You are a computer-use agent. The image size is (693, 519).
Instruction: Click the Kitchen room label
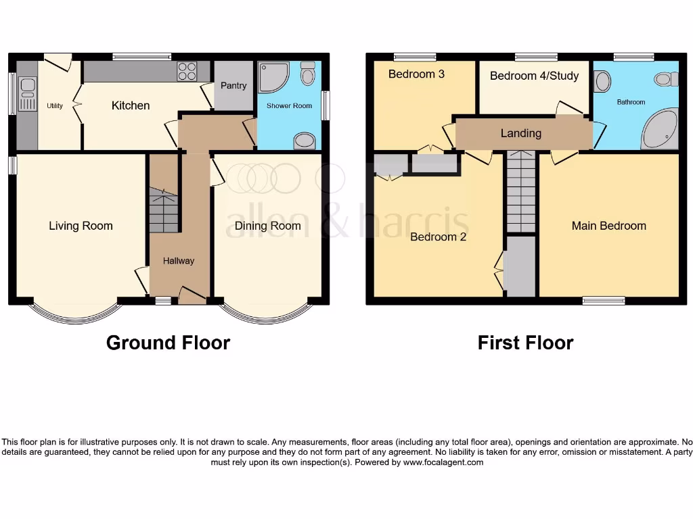pyautogui.click(x=131, y=105)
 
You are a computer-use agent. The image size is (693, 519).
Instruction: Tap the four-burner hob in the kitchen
pyautogui.click(x=187, y=71)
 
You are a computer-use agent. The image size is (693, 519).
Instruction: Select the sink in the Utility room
pyautogui.click(x=28, y=94)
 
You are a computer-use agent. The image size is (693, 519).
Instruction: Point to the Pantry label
pyautogui.click(x=233, y=86)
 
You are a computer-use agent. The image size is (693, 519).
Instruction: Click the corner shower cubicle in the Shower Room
pyautogui.click(x=273, y=77)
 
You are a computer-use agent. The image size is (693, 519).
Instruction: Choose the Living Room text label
pyautogui.click(x=81, y=226)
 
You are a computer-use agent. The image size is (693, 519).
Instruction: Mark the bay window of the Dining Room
pyautogui.click(x=267, y=313)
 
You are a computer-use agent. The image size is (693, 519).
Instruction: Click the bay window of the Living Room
pyautogui.click(x=76, y=313)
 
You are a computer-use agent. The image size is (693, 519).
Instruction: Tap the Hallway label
pyautogui.click(x=179, y=260)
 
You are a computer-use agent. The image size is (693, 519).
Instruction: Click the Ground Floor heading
pyautogui.click(x=168, y=343)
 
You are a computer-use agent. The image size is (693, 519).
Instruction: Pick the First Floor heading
pyautogui.click(x=525, y=343)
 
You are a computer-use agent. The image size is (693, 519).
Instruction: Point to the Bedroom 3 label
pyautogui.click(x=416, y=74)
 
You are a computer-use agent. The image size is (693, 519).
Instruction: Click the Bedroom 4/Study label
pyautogui.click(x=534, y=76)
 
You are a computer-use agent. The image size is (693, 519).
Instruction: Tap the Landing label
pyautogui.click(x=520, y=133)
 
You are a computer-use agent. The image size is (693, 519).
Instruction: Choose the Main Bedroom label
pyautogui.click(x=608, y=226)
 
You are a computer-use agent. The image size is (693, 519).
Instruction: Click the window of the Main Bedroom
pyautogui.click(x=604, y=301)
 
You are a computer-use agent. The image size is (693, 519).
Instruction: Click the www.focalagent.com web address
pyautogui.click(x=443, y=462)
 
